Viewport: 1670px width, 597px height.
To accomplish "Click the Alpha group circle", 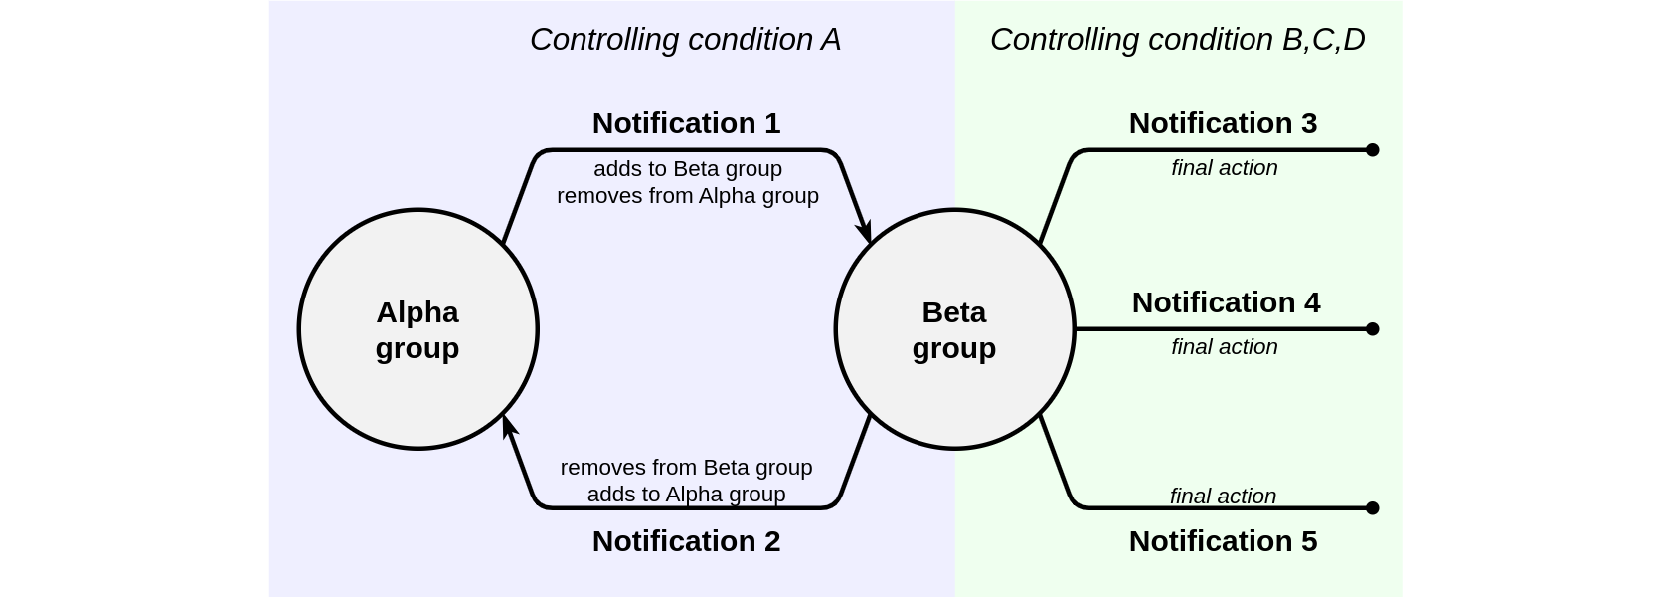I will click(x=417, y=329).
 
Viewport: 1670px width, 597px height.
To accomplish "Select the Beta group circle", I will click(x=954, y=329).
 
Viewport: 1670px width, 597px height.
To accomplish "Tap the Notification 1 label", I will click(x=686, y=123).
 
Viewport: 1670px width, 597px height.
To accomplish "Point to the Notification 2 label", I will click(x=686, y=541).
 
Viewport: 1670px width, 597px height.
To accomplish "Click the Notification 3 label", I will click(x=1223, y=123).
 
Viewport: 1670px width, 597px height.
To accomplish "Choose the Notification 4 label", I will click(x=1226, y=302).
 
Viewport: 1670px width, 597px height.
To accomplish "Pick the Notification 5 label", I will click(x=1223, y=541).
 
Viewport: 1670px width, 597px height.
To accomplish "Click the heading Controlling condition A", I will click(x=685, y=40).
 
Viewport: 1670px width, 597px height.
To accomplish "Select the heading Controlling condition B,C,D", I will click(x=1177, y=40).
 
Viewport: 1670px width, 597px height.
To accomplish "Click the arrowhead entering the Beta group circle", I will click(x=865, y=232).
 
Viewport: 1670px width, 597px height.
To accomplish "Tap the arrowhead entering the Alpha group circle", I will click(x=509, y=427).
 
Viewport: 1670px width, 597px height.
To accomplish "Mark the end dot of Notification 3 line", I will click(x=1373, y=150).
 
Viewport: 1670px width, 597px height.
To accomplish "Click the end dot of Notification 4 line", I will click(x=1373, y=329).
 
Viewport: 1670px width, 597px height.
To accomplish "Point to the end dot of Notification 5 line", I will click(x=1373, y=508).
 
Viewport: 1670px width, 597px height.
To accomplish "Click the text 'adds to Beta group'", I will click(x=688, y=169).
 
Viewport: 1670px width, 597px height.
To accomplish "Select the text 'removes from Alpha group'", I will click(x=688, y=196).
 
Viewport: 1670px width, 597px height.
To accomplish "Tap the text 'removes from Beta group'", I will click(x=686, y=468).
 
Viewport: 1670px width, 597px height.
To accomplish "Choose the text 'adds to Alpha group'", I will click(x=686, y=495).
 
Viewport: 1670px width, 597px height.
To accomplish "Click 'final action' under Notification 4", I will click(x=1225, y=347).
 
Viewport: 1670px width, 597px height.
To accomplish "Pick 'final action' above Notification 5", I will click(x=1223, y=496).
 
